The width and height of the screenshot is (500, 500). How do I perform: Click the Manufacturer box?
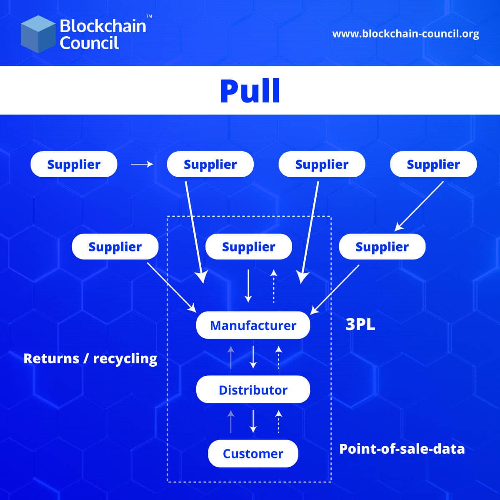click(x=253, y=325)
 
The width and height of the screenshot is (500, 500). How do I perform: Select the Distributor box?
click(x=253, y=390)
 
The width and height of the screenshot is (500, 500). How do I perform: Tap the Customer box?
click(x=253, y=453)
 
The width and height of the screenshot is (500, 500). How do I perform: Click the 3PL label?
click(x=360, y=325)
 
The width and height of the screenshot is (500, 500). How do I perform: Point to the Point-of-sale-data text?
click(x=402, y=449)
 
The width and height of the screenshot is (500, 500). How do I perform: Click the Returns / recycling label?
click(x=90, y=358)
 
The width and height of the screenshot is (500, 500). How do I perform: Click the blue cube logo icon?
click(x=38, y=34)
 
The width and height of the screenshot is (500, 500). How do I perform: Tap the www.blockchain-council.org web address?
click(x=405, y=34)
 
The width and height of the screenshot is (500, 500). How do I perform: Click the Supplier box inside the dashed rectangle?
click(x=249, y=247)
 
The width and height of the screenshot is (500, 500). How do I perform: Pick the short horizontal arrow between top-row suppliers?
click(x=142, y=164)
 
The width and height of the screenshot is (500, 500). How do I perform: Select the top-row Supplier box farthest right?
click(x=433, y=164)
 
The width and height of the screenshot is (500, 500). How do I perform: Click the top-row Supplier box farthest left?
click(x=74, y=164)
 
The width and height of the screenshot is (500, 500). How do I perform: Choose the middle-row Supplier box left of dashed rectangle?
click(x=115, y=247)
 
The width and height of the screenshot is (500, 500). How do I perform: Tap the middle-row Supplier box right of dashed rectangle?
click(x=382, y=247)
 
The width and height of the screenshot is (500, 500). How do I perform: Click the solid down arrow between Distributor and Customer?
click(x=253, y=422)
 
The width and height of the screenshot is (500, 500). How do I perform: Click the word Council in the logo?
click(x=89, y=43)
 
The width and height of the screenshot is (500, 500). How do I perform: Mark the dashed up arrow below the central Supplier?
click(x=274, y=286)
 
